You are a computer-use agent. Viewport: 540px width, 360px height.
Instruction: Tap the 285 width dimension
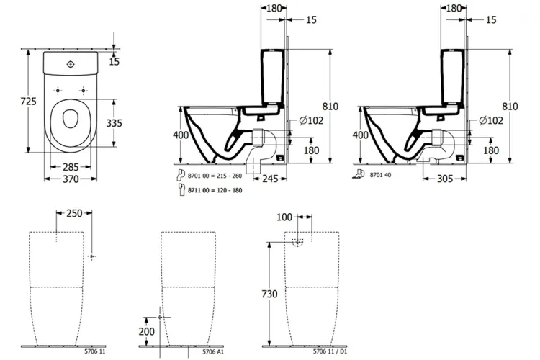[70, 167]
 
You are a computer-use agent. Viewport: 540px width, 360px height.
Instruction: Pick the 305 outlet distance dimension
[446, 178]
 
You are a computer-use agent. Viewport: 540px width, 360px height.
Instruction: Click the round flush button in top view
[70, 63]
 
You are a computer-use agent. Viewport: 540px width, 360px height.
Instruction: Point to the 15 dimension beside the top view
[114, 63]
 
